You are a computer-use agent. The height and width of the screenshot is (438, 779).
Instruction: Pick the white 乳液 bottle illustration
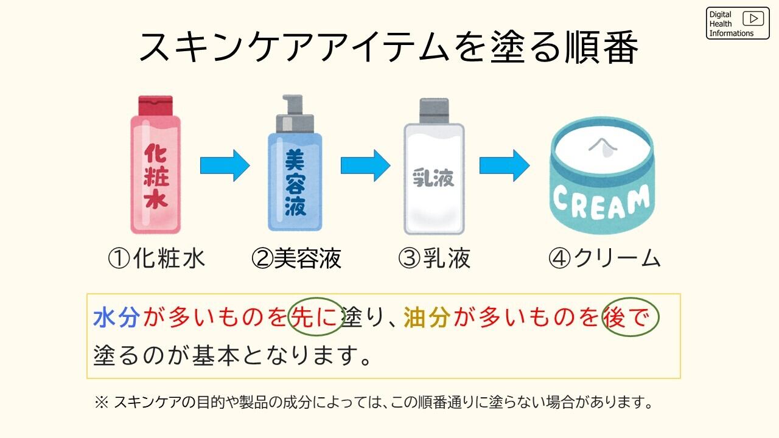coord(433,179)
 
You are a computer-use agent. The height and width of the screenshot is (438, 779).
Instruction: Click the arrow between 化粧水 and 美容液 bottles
coord(225,165)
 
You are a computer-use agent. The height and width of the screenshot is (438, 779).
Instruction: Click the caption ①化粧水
coord(156,259)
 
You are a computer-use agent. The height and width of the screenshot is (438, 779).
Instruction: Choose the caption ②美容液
coord(296,259)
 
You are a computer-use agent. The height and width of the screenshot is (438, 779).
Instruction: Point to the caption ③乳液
coord(434,259)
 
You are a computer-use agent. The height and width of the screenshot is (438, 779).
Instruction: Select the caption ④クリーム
coord(604,259)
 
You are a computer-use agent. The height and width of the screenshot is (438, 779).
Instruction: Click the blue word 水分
coord(117,318)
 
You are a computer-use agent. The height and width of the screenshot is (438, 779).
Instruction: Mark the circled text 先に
coord(315,318)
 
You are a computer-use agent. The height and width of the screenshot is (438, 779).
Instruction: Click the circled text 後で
coord(630,318)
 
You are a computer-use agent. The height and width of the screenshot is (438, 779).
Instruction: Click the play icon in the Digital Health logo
coord(753,19)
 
